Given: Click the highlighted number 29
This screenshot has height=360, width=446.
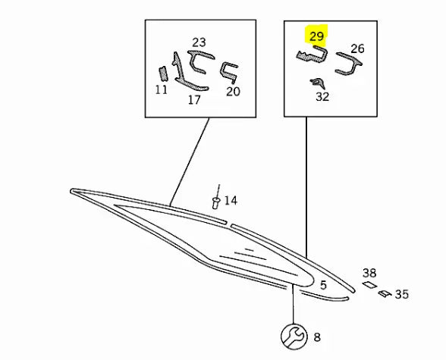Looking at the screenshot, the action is point(316,36).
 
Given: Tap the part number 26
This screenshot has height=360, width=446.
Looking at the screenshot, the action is point(357,49).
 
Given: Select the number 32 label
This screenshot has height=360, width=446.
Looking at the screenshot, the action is point(322,96).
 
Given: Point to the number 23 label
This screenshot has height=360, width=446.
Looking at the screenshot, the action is point(199,42).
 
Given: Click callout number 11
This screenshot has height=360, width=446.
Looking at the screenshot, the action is point(162,90).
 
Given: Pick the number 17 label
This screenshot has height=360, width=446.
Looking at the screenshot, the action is point(194,100).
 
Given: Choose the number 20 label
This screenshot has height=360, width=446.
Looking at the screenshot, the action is point(234,92).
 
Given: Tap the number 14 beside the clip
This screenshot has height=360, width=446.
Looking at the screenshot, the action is point(231,201).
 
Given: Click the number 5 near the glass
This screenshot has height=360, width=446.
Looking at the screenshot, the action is point(323,285).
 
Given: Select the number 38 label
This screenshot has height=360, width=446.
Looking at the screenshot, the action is point(369,273).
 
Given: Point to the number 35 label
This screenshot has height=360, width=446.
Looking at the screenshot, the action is point(402,294).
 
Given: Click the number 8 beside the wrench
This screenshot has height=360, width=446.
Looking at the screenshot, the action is point(317,337).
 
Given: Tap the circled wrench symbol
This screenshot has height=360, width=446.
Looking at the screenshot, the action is point(294,337).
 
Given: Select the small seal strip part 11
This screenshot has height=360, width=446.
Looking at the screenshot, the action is point(162,74).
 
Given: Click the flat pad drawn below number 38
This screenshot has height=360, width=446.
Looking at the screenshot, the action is point(369,284).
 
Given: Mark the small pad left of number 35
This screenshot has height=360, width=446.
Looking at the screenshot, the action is point(385,293).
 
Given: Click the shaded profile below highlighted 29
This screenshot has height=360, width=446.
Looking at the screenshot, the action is point(312,55).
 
